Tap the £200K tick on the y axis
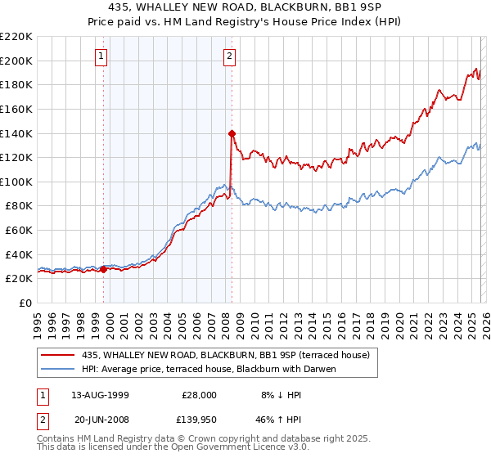click(x=16, y=61)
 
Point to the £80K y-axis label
click(x=19, y=206)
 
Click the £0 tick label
click(x=25, y=303)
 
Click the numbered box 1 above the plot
click(x=101, y=56)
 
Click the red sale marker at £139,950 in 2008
click(x=232, y=132)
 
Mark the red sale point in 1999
click(x=104, y=269)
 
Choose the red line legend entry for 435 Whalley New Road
click(x=226, y=355)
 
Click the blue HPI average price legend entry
click(x=209, y=369)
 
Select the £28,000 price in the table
click(x=199, y=394)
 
